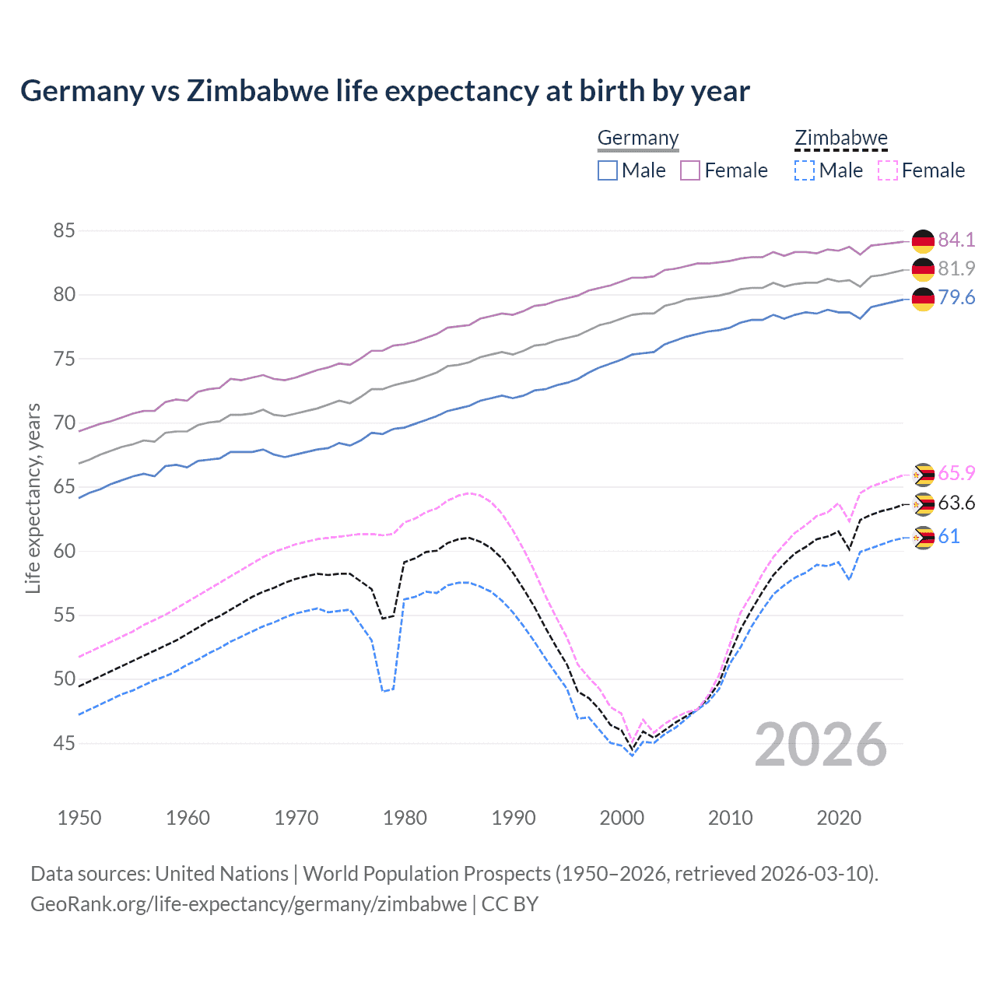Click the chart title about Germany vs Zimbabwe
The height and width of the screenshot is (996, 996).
(384, 91)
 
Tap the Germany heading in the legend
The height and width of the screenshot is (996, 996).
(638, 138)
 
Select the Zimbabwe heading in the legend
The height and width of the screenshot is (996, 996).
(840, 138)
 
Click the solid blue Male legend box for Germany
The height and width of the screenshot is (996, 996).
(608, 170)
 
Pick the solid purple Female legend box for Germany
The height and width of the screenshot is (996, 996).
(690, 170)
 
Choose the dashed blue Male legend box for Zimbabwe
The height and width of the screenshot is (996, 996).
(805, 170)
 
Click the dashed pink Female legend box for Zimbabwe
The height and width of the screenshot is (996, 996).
(887, 170)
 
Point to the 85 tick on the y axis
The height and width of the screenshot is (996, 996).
(65, 230)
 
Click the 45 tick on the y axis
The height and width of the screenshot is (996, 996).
(65, 743)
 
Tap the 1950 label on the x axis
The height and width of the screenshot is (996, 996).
(79, 818)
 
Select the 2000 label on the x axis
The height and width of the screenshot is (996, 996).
(622, 818)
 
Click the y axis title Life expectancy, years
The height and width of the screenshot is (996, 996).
(33, 498)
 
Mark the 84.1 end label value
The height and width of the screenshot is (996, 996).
(956, 240)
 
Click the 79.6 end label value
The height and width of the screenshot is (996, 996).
(956, 298)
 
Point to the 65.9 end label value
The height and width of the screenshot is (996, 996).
(956, 473)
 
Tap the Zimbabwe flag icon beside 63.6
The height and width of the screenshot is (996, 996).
(924, 504)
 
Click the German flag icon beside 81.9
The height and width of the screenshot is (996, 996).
(923, 269)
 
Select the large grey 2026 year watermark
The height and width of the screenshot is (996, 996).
(821, 745)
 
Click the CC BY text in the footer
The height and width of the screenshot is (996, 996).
(510, 904)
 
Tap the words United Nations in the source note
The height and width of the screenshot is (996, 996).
(222, 874)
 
